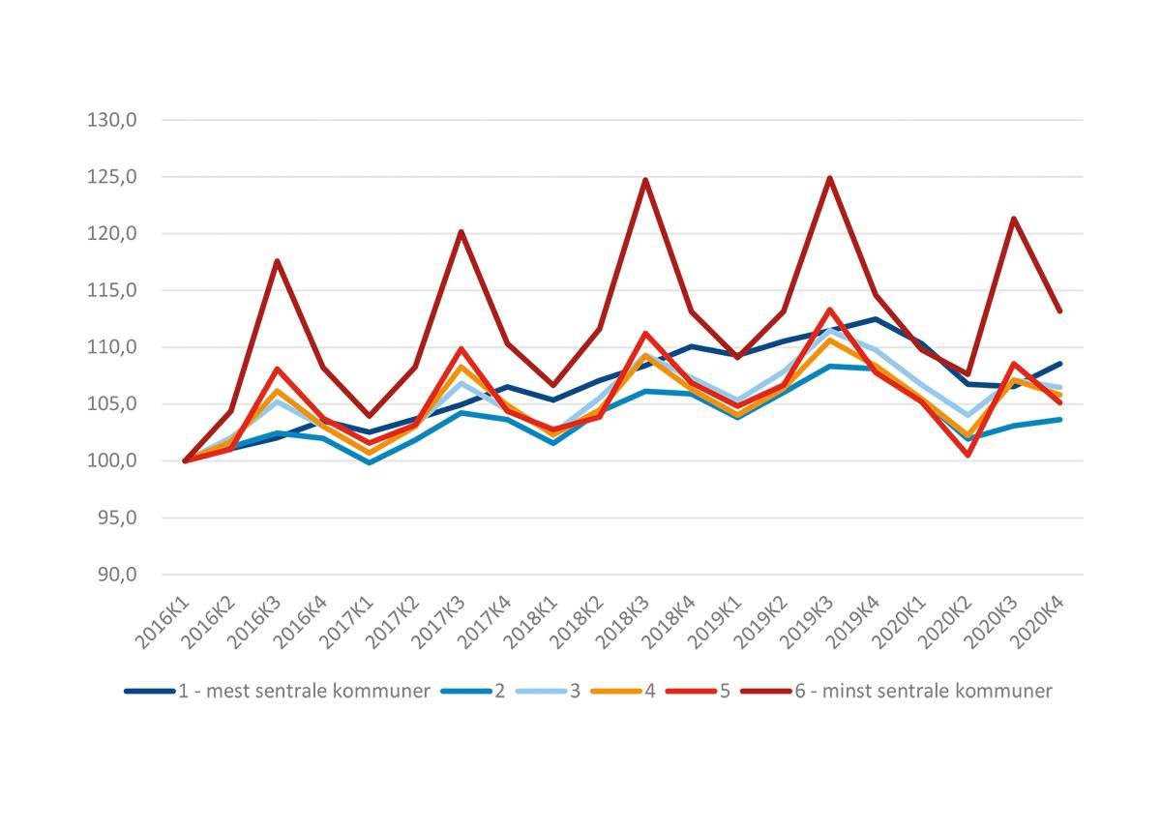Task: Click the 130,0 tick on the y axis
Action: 113,121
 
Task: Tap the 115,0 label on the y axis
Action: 113,290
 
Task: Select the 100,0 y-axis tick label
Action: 113,461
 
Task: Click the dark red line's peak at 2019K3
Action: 829,178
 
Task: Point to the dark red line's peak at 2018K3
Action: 644,180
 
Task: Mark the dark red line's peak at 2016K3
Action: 277,261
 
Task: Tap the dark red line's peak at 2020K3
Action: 1014,219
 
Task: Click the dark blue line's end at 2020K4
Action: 1060,364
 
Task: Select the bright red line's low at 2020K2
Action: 967,455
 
